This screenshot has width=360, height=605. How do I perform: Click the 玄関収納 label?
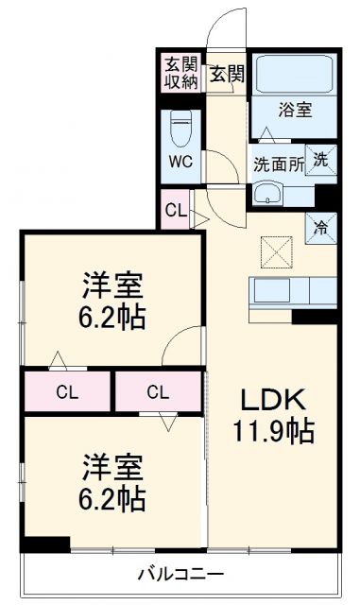click(x=181, y=73)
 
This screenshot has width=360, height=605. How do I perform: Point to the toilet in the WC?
click(x=180, y=127)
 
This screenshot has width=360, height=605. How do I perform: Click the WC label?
click(x=180, y=161)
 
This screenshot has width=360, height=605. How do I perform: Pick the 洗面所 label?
click(x=278, y=163)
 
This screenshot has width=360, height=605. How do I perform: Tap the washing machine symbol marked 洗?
click(x=321, y=161)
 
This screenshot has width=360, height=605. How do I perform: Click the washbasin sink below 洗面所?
click(x=270, y=196)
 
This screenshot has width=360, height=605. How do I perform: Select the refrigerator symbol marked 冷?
click(x=321, y=226)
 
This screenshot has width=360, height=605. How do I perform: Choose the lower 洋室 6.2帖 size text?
click(x=113, y=497)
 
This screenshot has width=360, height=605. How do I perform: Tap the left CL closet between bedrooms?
click(x=66, y=391)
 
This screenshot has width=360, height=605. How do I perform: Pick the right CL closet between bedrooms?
click(x=158, y=391)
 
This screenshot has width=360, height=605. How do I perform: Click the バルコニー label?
click(x=180, y=574)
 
